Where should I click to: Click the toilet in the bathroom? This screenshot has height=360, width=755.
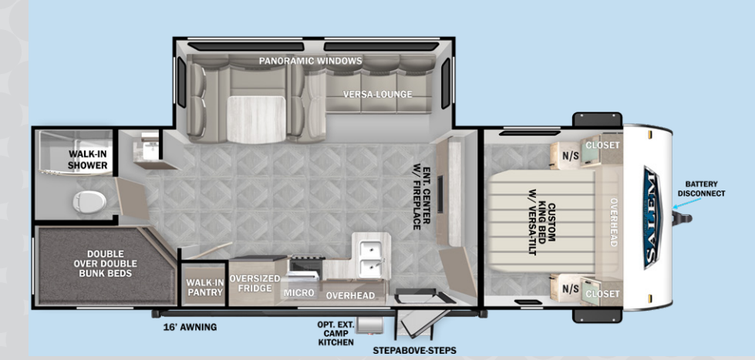(x=89, y=201)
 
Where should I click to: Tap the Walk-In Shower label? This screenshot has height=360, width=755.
(x=88, y=160)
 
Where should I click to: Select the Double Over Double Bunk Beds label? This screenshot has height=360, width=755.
(x=106, y=264)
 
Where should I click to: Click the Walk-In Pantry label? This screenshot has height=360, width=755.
(x=205, y=288)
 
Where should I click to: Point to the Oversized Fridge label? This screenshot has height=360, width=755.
(x=254, y=283)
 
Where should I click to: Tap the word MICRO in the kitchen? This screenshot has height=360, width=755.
(x=299, y=293)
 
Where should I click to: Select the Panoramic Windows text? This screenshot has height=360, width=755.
(x=311, y=61)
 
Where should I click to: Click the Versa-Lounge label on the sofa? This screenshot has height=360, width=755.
(x=378, y=94)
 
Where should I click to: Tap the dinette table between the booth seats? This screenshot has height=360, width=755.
(x=257, y=119)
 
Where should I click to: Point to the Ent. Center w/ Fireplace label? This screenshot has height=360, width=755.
(x=422, y=198)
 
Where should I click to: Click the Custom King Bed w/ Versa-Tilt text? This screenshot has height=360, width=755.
(x=541, y=220)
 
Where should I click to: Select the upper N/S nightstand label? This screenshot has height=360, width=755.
(x=570, y=155)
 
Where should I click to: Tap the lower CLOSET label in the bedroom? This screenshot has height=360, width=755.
(x=602, y=294)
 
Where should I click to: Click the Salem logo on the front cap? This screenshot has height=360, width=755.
(x=652, y=217)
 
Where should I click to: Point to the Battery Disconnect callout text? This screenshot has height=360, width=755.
(x=701, y=189)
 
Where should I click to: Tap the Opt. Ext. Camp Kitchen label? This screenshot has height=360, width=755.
(x=335, y=333)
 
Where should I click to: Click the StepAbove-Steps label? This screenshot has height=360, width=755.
(x=414, y=351)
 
